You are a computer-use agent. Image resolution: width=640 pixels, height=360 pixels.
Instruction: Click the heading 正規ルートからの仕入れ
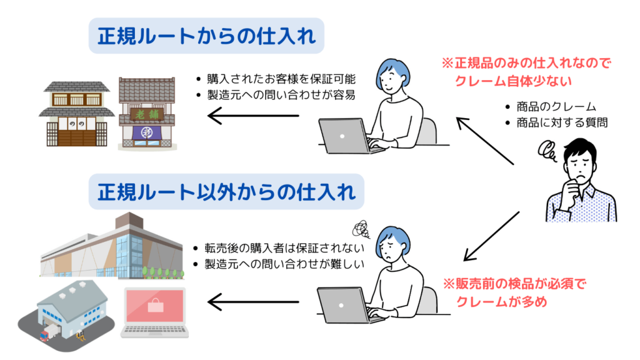click(206, 37)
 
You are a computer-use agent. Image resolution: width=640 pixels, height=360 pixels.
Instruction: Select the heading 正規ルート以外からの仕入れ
click(226, 191)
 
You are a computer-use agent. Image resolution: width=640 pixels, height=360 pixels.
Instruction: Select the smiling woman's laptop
click(344, 135)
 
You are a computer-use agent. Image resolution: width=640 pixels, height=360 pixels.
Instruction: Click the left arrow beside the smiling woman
click(252, 115)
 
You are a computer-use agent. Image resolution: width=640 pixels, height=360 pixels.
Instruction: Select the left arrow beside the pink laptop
click(252, 303)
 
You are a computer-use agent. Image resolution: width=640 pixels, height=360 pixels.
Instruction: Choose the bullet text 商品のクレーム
click(556, 106)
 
